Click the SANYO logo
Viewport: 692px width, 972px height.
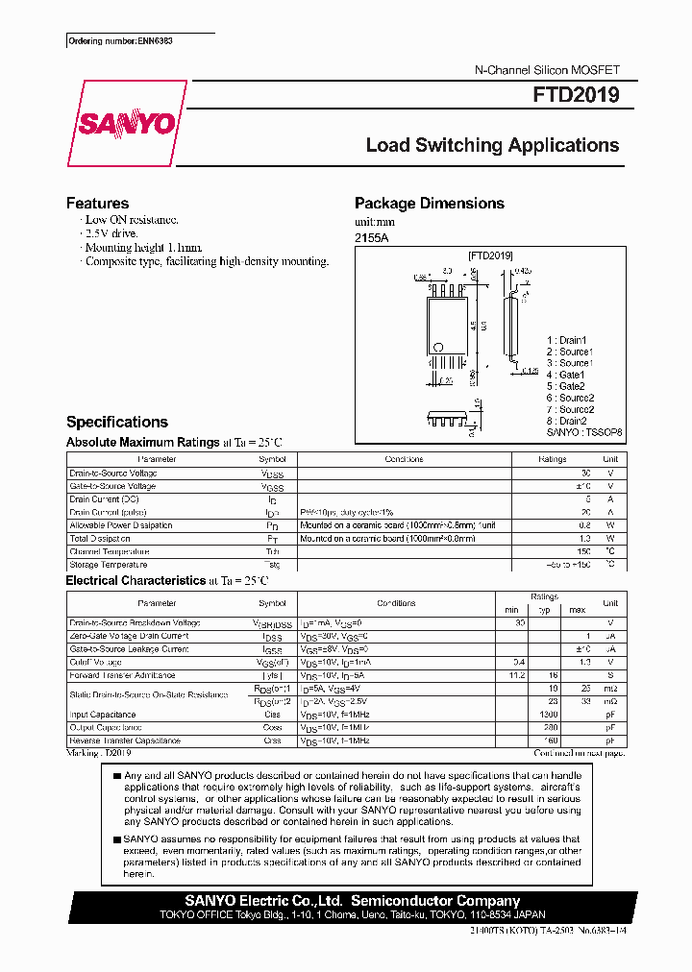click(126, 124)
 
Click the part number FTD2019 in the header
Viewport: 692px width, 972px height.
click(577, 96)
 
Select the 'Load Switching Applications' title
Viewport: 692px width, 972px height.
click(492, 145)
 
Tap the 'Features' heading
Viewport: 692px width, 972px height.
click(97, 203)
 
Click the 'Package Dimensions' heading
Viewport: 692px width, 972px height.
click(429, 203)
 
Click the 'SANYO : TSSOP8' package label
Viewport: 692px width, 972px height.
click(584, 432)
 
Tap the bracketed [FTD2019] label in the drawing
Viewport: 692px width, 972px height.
click(490, 255)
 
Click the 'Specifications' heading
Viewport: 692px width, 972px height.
click(116, 422)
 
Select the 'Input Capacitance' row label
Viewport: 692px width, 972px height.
click(103, 715)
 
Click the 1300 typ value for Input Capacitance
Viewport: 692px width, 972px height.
click(549, 715)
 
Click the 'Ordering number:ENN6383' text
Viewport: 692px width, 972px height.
click(120, 41)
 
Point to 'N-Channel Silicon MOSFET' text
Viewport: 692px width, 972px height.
click(548, 71)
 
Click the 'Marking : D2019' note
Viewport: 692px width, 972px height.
click(98, 753)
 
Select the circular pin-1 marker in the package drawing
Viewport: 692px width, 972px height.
click(438, 348)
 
